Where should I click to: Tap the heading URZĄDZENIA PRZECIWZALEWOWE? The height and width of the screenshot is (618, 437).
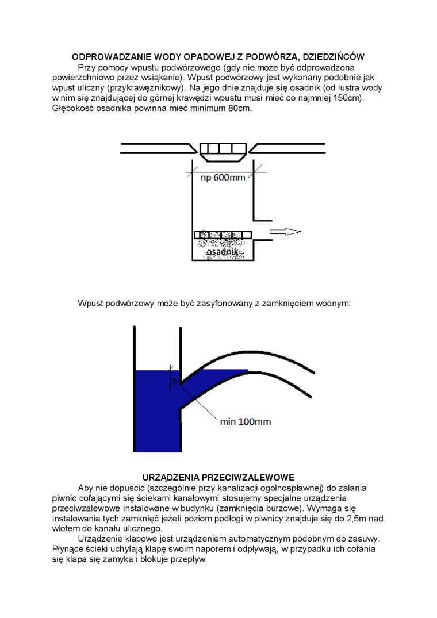point(218,478)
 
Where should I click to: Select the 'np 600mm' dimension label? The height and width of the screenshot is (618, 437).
point(223,178)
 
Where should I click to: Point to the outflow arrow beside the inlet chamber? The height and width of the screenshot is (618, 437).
point(286,232)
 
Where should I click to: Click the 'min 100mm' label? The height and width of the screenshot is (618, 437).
point(246,422)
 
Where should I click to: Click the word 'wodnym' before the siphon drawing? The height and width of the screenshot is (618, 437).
point(335,303)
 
